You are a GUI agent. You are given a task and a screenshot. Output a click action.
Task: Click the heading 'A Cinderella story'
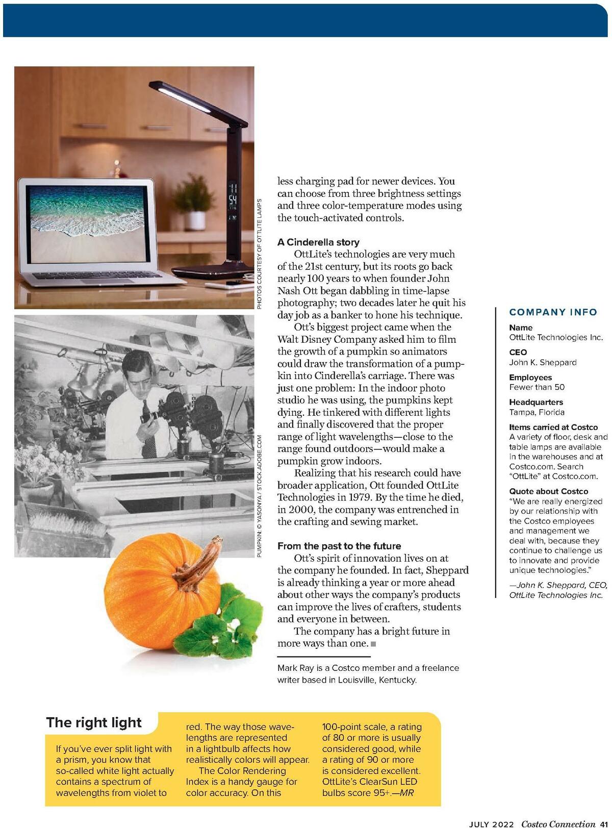coord(318,242)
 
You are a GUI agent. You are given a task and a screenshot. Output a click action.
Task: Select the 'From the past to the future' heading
coord(339,546)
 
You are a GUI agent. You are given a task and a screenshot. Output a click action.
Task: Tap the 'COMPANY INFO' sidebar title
coord(553,312)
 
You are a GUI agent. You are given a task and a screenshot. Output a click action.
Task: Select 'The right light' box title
coord(94,722)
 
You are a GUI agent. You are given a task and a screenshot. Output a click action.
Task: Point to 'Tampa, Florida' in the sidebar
coord(537,412)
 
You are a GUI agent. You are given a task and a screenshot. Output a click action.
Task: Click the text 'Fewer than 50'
coord(537,387)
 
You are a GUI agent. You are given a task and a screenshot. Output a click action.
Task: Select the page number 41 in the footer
coord(604,823)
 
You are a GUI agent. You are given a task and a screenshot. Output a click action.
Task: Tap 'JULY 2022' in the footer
coord(491,823)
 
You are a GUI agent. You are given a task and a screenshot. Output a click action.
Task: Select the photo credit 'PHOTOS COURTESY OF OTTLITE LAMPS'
coord(259,254)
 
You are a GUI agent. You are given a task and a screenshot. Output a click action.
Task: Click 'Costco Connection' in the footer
coord(558,823)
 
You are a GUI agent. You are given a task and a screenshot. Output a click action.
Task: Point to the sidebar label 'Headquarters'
coord(536,402)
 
